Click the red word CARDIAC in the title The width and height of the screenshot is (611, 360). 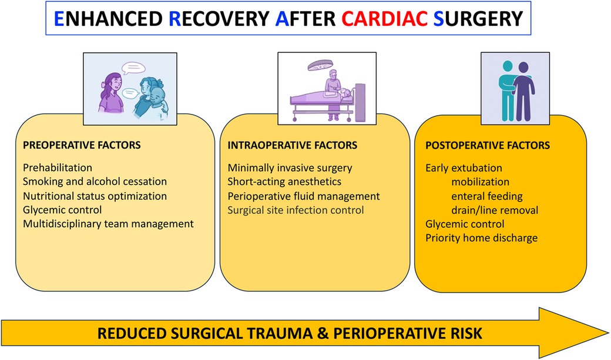(x=385, y=18)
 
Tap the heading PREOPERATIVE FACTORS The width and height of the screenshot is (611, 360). (x=82, y=145)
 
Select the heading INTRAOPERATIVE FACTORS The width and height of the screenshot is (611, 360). (x=292, y=145)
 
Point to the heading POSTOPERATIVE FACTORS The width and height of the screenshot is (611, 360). (x=488, y=145)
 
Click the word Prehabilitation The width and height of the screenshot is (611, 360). (x=58, y=167)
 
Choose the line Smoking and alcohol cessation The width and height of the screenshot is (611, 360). (x=95, y=181)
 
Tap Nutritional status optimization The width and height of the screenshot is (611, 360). (x=95, y=196)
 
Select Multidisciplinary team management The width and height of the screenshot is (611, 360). (x=108, y=224)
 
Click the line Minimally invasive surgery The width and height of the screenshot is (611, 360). (x=290, y=168)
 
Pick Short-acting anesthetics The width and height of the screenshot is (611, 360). (x=284, y=181)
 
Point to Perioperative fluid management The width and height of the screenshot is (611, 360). (x=304, y=196)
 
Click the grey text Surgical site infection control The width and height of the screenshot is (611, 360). (x=296, y=210)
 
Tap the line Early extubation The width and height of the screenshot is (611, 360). (x=464, y=168)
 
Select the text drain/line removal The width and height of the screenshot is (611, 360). (x=495, y=210)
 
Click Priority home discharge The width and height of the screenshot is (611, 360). (x=482, y=238)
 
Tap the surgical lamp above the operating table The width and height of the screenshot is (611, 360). (x=320, y=65)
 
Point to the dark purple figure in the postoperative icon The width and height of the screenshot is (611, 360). (x=523, y=92)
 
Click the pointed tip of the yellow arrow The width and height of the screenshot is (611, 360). (x=608, y=333)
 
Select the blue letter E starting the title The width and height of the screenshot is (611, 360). (x=59, y=19)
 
